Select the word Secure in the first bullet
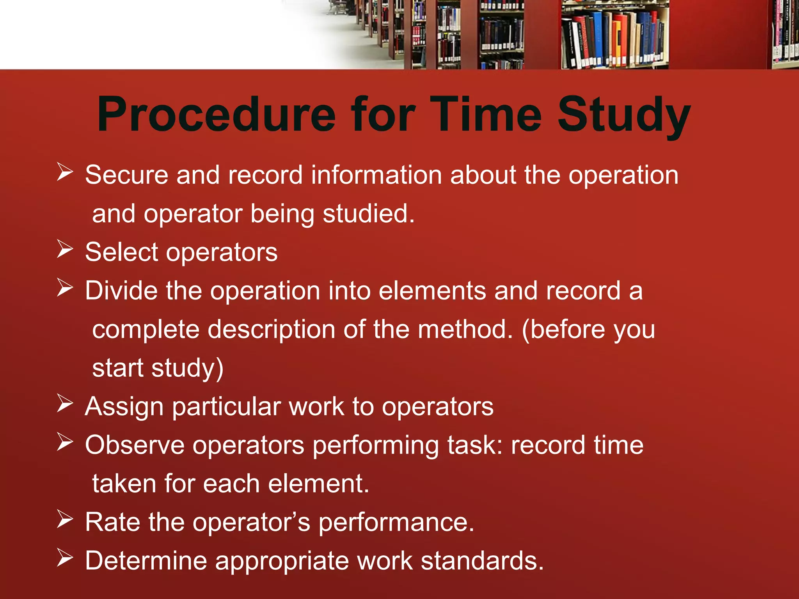(126, 175)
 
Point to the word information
(376, 175)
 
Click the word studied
(368, 214)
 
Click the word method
(465, 330)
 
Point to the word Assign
(124, 407)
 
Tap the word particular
(226, 407)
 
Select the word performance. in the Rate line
(396, 523)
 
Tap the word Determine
(146, 561)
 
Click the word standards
(482, 561)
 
